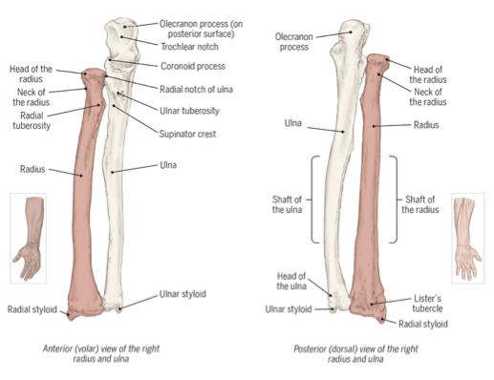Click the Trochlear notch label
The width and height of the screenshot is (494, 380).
pos(189,47)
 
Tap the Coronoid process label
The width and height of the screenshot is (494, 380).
pos(193,66)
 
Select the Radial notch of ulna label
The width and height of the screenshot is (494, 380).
pos(196,90)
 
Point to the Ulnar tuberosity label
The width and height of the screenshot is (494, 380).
pos(189,111)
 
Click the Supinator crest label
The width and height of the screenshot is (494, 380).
pos(187,134)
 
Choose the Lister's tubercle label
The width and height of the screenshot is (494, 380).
pos(427,304)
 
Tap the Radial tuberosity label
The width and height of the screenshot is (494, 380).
pos(32,120)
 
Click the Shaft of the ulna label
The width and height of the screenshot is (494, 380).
pos(287,204)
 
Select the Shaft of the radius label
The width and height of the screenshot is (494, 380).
pos(420,204)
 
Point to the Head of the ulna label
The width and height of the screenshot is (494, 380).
pos(291,281)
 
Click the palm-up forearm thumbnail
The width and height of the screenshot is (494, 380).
pos(28,238)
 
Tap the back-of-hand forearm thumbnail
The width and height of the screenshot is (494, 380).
pos(468,238)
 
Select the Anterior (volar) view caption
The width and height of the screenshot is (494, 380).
pos(101,353)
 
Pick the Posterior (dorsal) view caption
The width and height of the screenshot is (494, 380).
pos(355,353)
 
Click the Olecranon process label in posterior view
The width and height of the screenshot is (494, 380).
pos(294,42)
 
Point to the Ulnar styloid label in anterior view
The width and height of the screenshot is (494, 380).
pos(183,294)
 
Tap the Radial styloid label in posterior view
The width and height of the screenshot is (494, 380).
pos(423,324)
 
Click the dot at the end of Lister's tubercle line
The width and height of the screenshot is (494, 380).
pos(372,305)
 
